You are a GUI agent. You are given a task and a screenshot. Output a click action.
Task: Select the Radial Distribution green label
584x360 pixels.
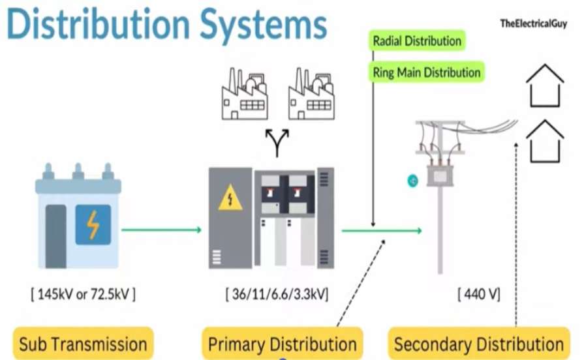click(417, 41)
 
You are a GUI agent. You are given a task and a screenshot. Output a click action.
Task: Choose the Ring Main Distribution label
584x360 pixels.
click(427, 72)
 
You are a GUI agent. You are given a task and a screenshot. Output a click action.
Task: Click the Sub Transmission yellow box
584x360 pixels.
click(83, 344)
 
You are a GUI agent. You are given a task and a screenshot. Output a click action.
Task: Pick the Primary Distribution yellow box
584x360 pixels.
click(282, 344)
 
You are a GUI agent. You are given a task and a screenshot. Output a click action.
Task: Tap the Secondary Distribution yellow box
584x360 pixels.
click(478, 344)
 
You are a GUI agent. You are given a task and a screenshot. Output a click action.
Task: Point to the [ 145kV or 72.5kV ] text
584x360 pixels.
click(83, 294)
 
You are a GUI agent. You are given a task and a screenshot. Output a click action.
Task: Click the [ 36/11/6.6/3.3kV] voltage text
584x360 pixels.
click(277, 294)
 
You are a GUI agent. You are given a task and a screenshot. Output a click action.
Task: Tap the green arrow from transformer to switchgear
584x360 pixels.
click(161, 230)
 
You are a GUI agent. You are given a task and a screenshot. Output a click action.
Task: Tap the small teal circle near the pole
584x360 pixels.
click(412, 181)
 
